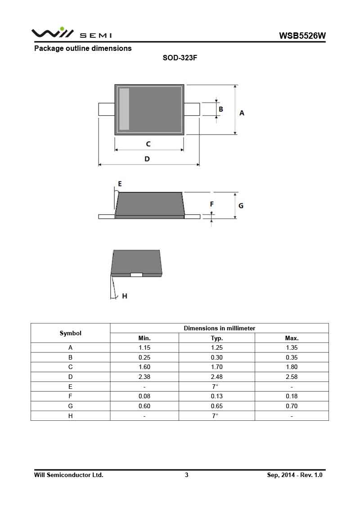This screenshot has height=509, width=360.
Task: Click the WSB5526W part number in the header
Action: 302,36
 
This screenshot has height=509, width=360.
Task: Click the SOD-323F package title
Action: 180,59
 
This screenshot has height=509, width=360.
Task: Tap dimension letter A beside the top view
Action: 242,113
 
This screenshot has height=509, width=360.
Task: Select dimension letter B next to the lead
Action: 221,109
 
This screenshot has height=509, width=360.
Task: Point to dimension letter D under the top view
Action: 147,159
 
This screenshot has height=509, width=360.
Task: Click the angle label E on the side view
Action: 120,184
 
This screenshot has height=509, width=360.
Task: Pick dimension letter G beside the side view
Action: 241,205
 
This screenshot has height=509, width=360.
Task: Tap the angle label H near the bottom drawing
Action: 125,296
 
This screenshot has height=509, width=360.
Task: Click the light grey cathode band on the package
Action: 124,109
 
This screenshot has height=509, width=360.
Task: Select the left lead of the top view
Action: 106,109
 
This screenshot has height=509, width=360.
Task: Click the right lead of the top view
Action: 192,109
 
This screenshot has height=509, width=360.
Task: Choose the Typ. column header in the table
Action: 217,338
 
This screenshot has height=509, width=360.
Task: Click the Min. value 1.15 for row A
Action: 144,347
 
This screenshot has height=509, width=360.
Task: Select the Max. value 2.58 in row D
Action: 292,377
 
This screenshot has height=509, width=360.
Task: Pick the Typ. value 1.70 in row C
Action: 217,367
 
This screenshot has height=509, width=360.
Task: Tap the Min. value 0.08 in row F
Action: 144,396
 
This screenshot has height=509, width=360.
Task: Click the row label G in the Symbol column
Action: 71,406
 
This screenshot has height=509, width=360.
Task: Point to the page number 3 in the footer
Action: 186,475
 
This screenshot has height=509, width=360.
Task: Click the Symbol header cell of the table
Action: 71,333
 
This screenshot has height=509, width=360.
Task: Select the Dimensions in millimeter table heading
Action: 219,328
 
